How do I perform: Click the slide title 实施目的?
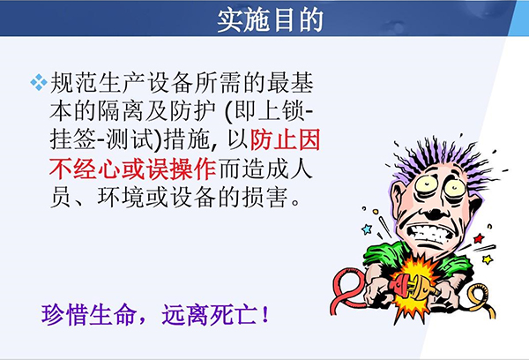click(x=270, y=20)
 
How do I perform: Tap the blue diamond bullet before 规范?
click(x=39, y=82)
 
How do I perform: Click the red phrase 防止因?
click(x=285, y=139)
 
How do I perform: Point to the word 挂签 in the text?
click(x=73, y=139)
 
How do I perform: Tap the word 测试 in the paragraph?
click(x=130, y=139)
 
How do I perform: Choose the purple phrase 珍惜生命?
click(x=88, y=315)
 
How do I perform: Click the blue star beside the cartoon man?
click(x=367, y=229)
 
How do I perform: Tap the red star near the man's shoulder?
click(x=479, y=238)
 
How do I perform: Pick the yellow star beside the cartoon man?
click(x=488, y=259)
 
